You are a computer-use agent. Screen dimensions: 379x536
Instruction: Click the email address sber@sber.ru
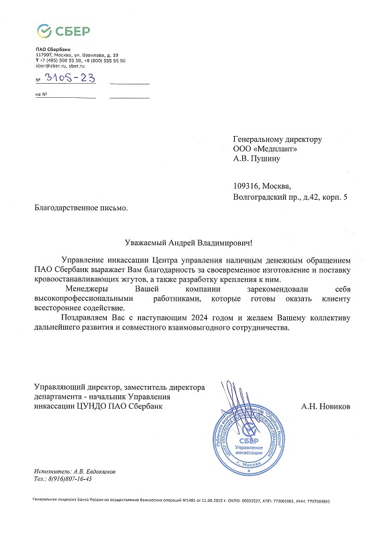(x=48, y=67)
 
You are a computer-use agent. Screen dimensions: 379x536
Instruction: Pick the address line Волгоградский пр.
(x=268, y=197)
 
